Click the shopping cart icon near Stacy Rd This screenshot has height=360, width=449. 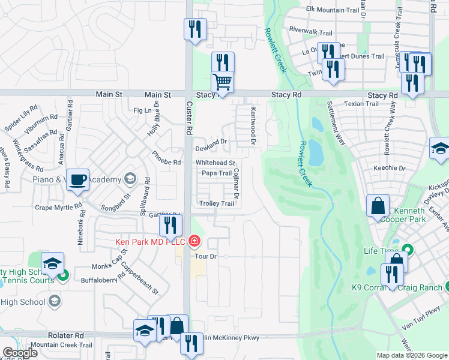tap(222, 82)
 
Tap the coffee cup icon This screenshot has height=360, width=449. tap(78, 180)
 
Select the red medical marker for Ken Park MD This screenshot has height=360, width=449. tap(194, 242)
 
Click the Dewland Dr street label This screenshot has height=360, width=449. tap(212, 142)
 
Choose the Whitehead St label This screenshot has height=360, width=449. tap(215, 163)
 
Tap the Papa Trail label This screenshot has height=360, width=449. tap(216, 173)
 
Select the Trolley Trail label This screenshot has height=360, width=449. tap(217, 203)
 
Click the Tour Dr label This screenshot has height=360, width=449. tap(205, 256)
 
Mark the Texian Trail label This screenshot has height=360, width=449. tap(361, 104)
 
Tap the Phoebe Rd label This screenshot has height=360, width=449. tap(166, 163)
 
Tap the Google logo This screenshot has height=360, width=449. tap(19, 353)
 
